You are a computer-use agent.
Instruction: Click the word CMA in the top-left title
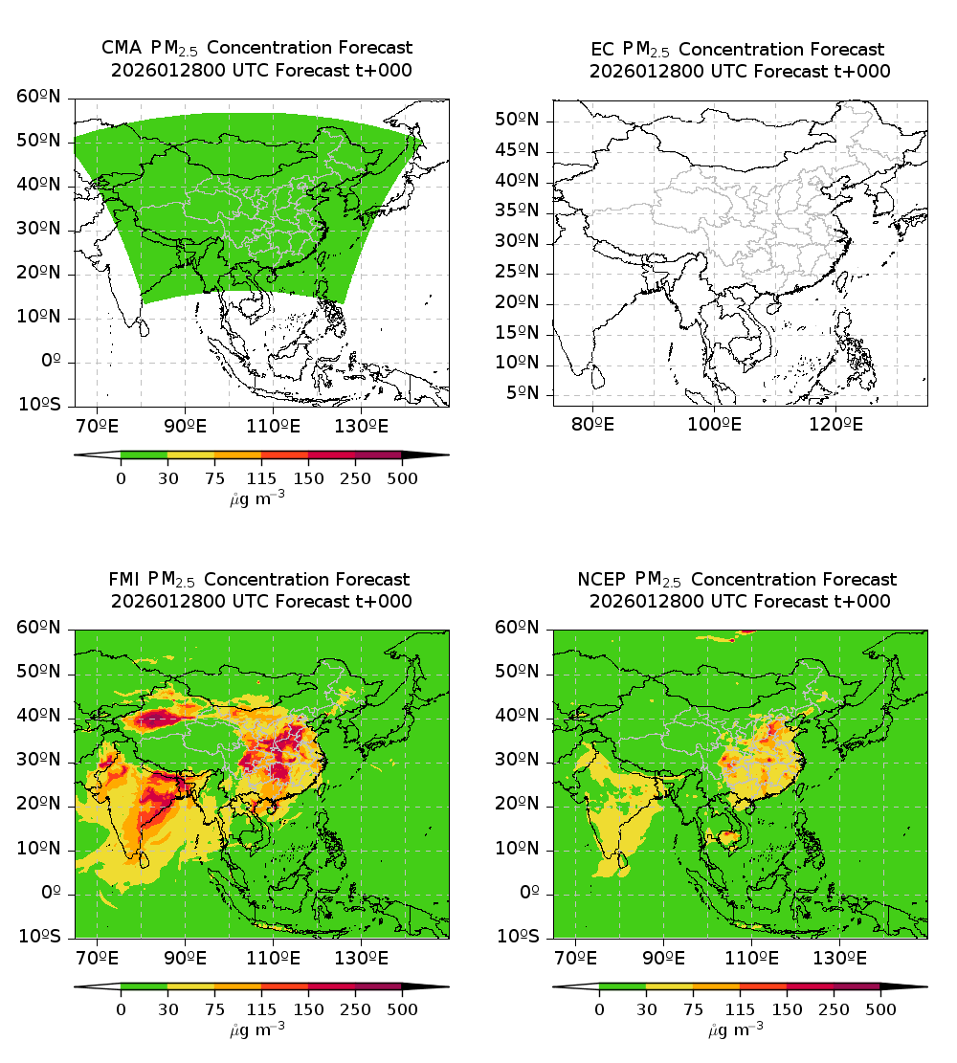(x=120, y=48)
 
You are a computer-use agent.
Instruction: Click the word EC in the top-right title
(x=603, y=49)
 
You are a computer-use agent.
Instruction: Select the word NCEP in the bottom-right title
(x=603, y=579)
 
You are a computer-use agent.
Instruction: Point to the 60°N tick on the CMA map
(x=39, y=97)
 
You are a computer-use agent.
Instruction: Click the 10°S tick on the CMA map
(x=39, y=406)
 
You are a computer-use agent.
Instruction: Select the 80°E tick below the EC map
(x=593, y=424)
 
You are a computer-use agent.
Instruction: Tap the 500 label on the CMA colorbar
(x=402, y=477)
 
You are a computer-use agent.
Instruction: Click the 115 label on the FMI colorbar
(x=261, y=1009)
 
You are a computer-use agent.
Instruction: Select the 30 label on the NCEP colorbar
(x=646, y=1009)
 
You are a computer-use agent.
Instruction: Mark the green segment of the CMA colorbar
(x=144, y=455)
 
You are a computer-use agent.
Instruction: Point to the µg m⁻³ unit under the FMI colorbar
(x=257, y=1030)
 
